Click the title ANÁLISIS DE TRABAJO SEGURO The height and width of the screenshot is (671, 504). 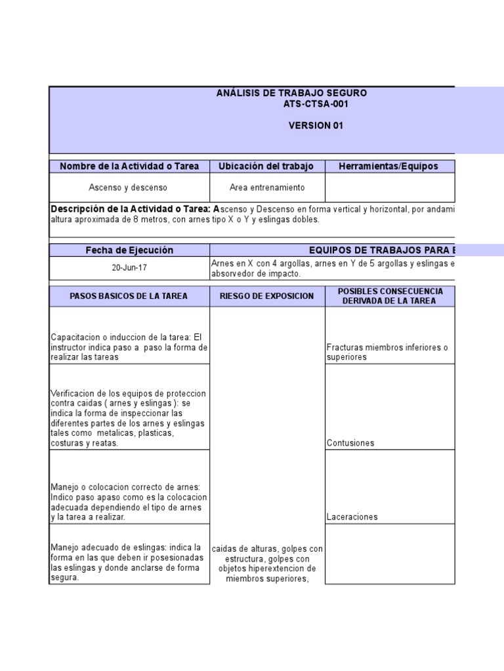tap(291, 93)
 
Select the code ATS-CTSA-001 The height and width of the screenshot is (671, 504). tap(316, 104)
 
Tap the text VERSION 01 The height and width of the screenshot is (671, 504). tap(316, 126)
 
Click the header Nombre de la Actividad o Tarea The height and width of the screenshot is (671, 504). tap(129, 166)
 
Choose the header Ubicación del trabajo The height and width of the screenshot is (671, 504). tap(266, 166)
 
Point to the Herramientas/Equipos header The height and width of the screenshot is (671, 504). tap(388, 166)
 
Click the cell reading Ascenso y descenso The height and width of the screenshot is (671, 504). tap(129, 188)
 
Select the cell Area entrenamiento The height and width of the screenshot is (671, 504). tap(266, 188)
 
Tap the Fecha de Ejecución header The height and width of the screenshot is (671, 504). tap(129, 250)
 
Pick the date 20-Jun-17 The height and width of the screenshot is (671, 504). tap(129, 268)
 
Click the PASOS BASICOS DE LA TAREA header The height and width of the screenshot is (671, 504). tap(129, 296)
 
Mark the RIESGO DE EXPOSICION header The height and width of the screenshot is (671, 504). tap(266, 296)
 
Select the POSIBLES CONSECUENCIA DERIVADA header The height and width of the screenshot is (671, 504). tap(390, 296)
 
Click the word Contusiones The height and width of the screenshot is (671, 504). tap(350, 443)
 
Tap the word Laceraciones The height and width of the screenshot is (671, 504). tap(352, 517)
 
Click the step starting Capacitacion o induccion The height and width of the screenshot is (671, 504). tap(129, 347)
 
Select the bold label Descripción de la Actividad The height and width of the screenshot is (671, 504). tap(131, 209)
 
